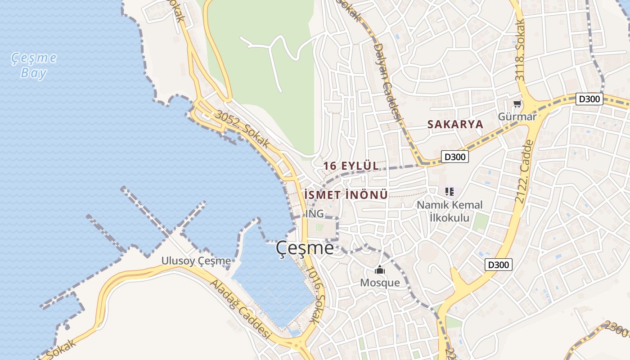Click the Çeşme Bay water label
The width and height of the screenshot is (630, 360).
pos(34,65)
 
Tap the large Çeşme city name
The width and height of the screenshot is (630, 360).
pos(305,248)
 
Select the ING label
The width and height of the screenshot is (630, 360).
pos(314,213)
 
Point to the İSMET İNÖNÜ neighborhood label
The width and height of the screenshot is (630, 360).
pos(346,195)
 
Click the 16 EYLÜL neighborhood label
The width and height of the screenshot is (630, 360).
pos(351,166)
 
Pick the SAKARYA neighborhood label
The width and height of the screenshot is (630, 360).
pos(455,125)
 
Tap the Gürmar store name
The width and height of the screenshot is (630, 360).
pos(517,117)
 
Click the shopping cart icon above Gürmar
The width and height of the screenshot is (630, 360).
pos(517,104)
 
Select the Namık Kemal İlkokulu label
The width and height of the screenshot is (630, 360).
pos(449,211)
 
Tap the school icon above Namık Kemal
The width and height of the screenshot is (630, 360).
pos(449,192)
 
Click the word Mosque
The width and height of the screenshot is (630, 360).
pos(380,283)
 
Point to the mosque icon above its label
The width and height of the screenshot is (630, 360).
pos(380,270)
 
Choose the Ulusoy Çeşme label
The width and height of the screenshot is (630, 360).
pos(196,261)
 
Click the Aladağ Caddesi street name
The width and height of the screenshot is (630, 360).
pos(241,310)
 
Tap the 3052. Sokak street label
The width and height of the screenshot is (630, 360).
pos(242,130)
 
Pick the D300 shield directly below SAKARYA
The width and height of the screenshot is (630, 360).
pos(454,157)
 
